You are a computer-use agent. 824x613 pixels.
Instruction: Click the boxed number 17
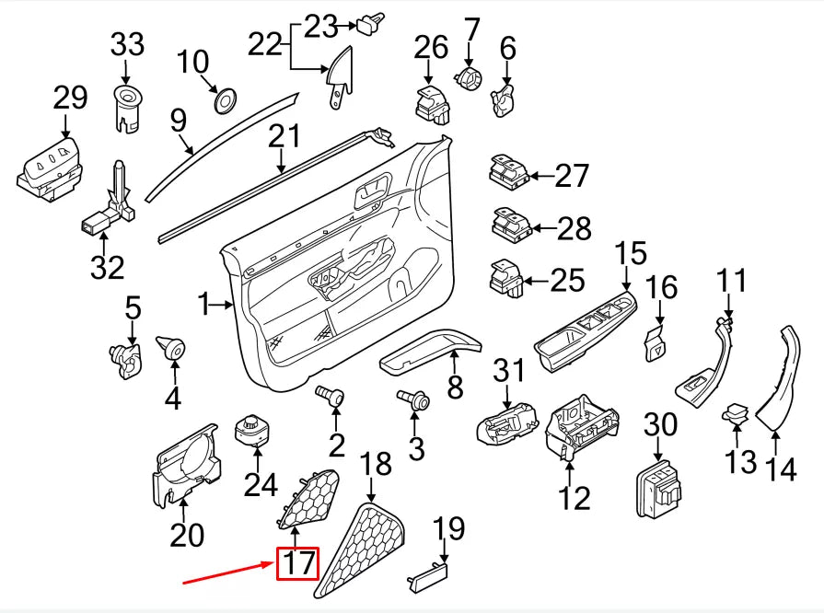click(x=297, y=562)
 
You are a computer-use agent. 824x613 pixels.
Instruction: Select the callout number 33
click(x=128, y=43)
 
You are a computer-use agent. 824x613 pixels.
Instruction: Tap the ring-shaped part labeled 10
click(x=223, y=99)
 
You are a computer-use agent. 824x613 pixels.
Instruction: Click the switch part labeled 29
click(x=53, y=168)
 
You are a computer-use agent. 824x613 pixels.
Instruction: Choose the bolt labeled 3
click(x=414, y=399)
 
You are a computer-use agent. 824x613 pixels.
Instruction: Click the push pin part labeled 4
click(x=172, y=348)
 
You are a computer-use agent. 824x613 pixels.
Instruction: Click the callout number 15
click(x=631, y=255)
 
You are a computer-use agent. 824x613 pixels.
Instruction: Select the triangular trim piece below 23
click(x=340, y=75)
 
